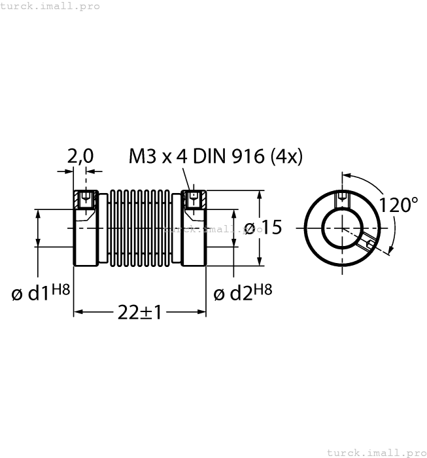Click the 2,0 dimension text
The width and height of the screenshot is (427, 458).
80,156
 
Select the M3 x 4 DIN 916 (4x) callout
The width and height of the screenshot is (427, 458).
216,156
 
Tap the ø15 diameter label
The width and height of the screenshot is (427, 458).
262,228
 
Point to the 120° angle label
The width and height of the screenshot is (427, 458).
398,205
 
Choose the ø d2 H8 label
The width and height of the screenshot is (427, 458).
243,292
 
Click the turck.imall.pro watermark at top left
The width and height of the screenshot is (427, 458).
50,6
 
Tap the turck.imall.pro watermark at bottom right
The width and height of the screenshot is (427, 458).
375,452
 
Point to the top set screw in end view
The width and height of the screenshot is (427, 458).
341,198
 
